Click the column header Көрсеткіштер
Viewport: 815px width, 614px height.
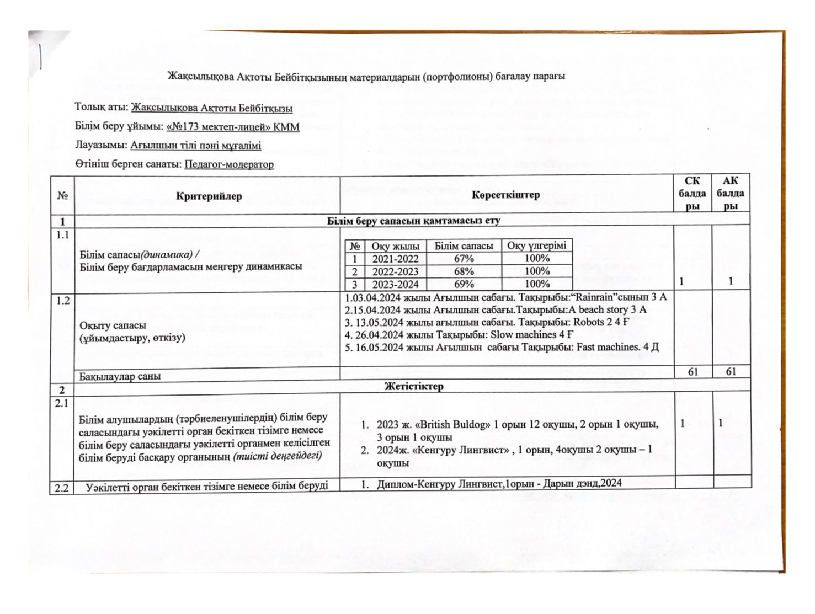click(x=505, y=195)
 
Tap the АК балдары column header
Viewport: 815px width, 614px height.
click(x=731, y=193)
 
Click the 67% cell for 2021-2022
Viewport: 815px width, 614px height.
click(x=464, y=259)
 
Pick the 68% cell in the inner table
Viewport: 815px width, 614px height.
click(x=464, y=271)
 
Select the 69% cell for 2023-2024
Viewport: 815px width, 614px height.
click(x=464, y=284)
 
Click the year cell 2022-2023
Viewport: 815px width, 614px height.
click(x=395, y=271)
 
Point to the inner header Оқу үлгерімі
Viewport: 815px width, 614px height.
click(x=536, y=245)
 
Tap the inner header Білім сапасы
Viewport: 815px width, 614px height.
click(x=464, y=245)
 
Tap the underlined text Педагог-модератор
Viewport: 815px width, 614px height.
click(x=229, y=164)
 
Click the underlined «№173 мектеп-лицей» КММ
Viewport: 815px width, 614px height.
click(x=232, y=127)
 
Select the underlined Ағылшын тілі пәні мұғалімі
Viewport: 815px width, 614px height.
click(x=196, y=146)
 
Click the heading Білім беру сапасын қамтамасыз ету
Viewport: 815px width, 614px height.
click(x=413, y=221)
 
